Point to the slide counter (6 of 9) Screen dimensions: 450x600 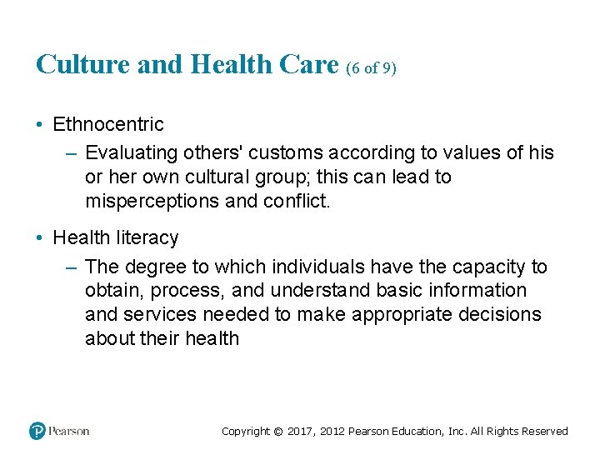[x=371, y=68]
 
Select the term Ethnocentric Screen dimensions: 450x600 [x=108, y=125]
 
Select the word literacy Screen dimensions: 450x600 [x=143, y=238]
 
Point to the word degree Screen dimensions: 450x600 [x=153, y=267]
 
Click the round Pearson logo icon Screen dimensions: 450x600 [x=37, y=431]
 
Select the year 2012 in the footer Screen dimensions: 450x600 [x=331, y=432]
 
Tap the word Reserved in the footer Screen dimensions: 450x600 [x=545, y=432]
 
